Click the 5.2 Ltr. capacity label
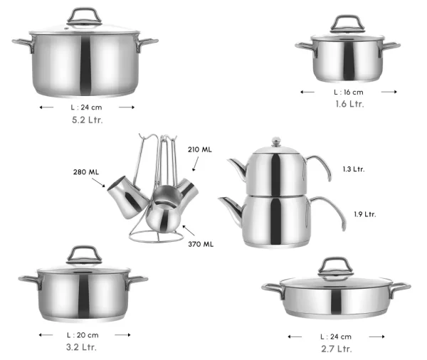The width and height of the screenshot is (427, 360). click(x=88, y=120)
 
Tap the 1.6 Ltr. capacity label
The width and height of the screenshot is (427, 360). click(x=349, y=104)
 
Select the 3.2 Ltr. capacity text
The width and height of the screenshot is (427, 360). click(x=81, y=347)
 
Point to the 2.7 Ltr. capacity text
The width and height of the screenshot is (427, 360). click(x=337, y=349)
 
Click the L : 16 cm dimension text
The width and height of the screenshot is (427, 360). click(x=349, y=92)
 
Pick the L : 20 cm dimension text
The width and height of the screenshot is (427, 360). click(x=83, y=335)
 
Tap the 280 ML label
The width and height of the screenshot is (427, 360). click(x=86, y=172)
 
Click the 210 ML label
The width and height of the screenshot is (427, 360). click(x=199, y=149)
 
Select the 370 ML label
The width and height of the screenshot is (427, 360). click(x=201, y=244)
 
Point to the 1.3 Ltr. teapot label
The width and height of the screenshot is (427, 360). click(x=354, y=169)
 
